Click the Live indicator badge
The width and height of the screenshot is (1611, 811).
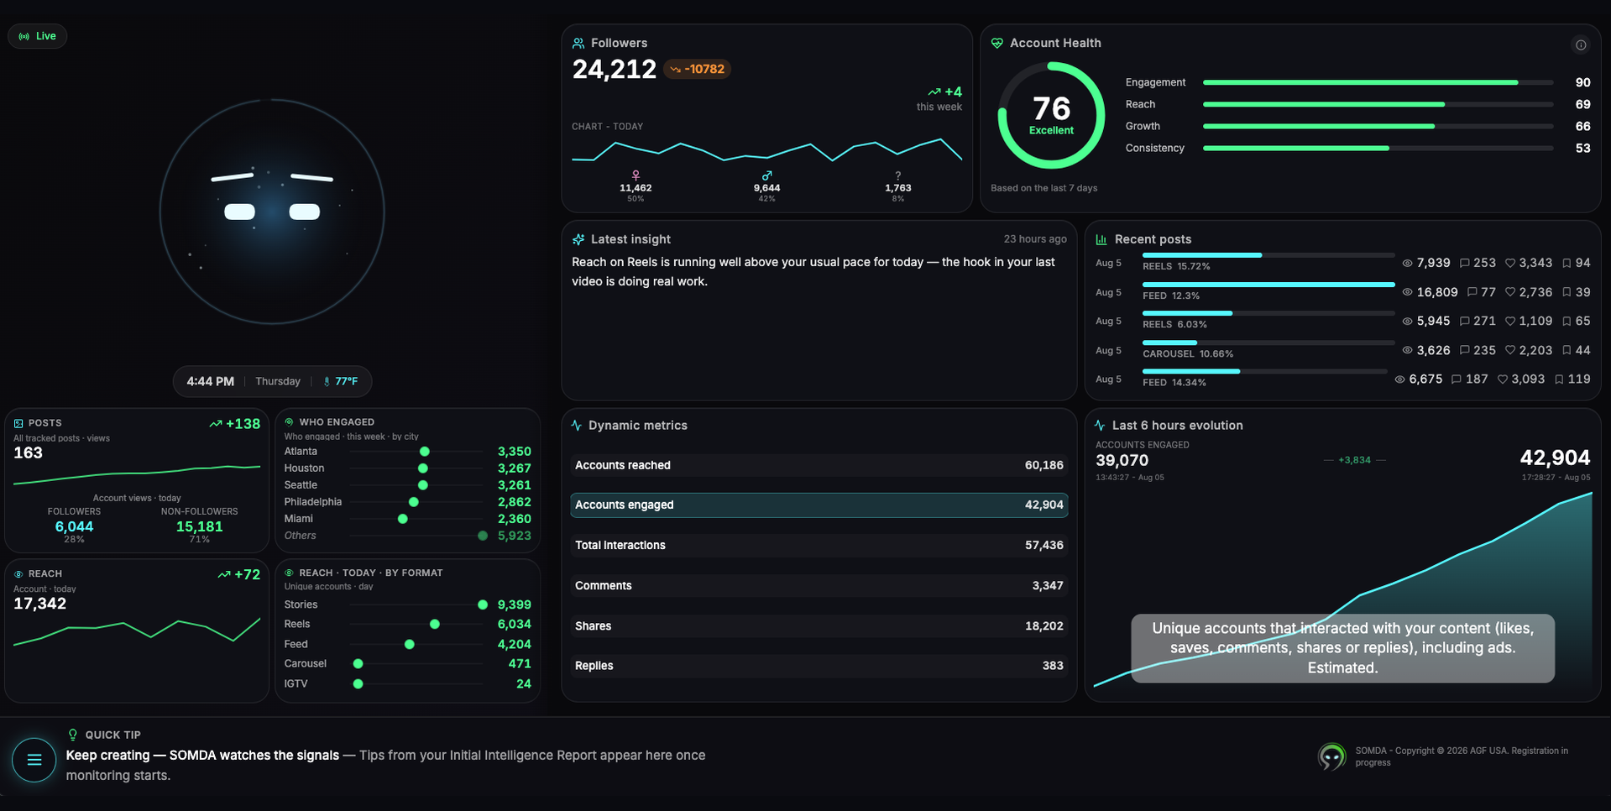[x=38, y=36]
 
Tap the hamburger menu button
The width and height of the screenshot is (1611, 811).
[x=34, y=760]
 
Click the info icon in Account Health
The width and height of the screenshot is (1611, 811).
[x=1581, y=45]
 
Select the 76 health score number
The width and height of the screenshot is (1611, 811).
[x=1051, y=108]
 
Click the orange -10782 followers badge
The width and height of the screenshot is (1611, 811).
[x=698, y=69]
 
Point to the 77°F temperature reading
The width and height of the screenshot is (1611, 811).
[x=346, y=381]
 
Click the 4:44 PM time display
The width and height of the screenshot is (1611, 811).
[x=210, y=381]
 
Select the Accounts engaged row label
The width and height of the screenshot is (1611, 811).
[x=625, y=505]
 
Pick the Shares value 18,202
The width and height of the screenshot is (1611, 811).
[x=1044, y=626]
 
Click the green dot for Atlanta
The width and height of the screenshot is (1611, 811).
[x=425, y=452]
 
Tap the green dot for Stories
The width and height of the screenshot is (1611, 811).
[x=483, y=604]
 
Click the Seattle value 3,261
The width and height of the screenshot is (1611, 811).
[x=515, y=485]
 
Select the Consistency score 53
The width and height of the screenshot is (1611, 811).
[x=1582, y=148]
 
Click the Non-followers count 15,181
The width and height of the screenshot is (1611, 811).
[x=199, y=526]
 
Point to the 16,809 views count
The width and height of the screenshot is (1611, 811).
[x=1437, y=292]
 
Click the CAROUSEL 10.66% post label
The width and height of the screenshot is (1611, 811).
[x=1188, y=354]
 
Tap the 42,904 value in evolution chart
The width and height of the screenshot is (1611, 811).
[x=1555, y=458]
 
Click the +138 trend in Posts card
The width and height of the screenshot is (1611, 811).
[x=235, y=424]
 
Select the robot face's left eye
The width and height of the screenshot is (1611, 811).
[x=239, y=212]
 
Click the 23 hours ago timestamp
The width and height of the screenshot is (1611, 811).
[x=1035, y=239]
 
